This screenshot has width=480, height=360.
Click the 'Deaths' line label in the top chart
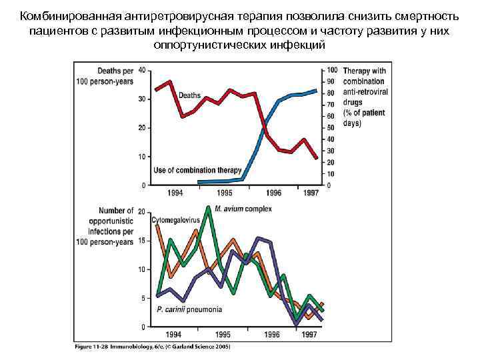(189, 95)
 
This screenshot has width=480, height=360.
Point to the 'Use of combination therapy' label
(197, 171)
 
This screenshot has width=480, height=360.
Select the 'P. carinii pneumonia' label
(189, 309)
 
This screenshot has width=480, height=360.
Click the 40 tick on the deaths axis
(142, 70)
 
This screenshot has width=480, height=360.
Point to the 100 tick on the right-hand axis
(333, 70)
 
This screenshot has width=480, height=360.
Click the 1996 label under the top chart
(274, 193)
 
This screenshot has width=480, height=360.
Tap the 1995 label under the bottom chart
(224, 334)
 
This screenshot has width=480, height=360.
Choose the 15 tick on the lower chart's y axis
(142, 241)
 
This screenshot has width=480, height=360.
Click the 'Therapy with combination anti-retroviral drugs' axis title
(364, 97)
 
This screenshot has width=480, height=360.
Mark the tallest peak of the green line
(209, 207)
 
